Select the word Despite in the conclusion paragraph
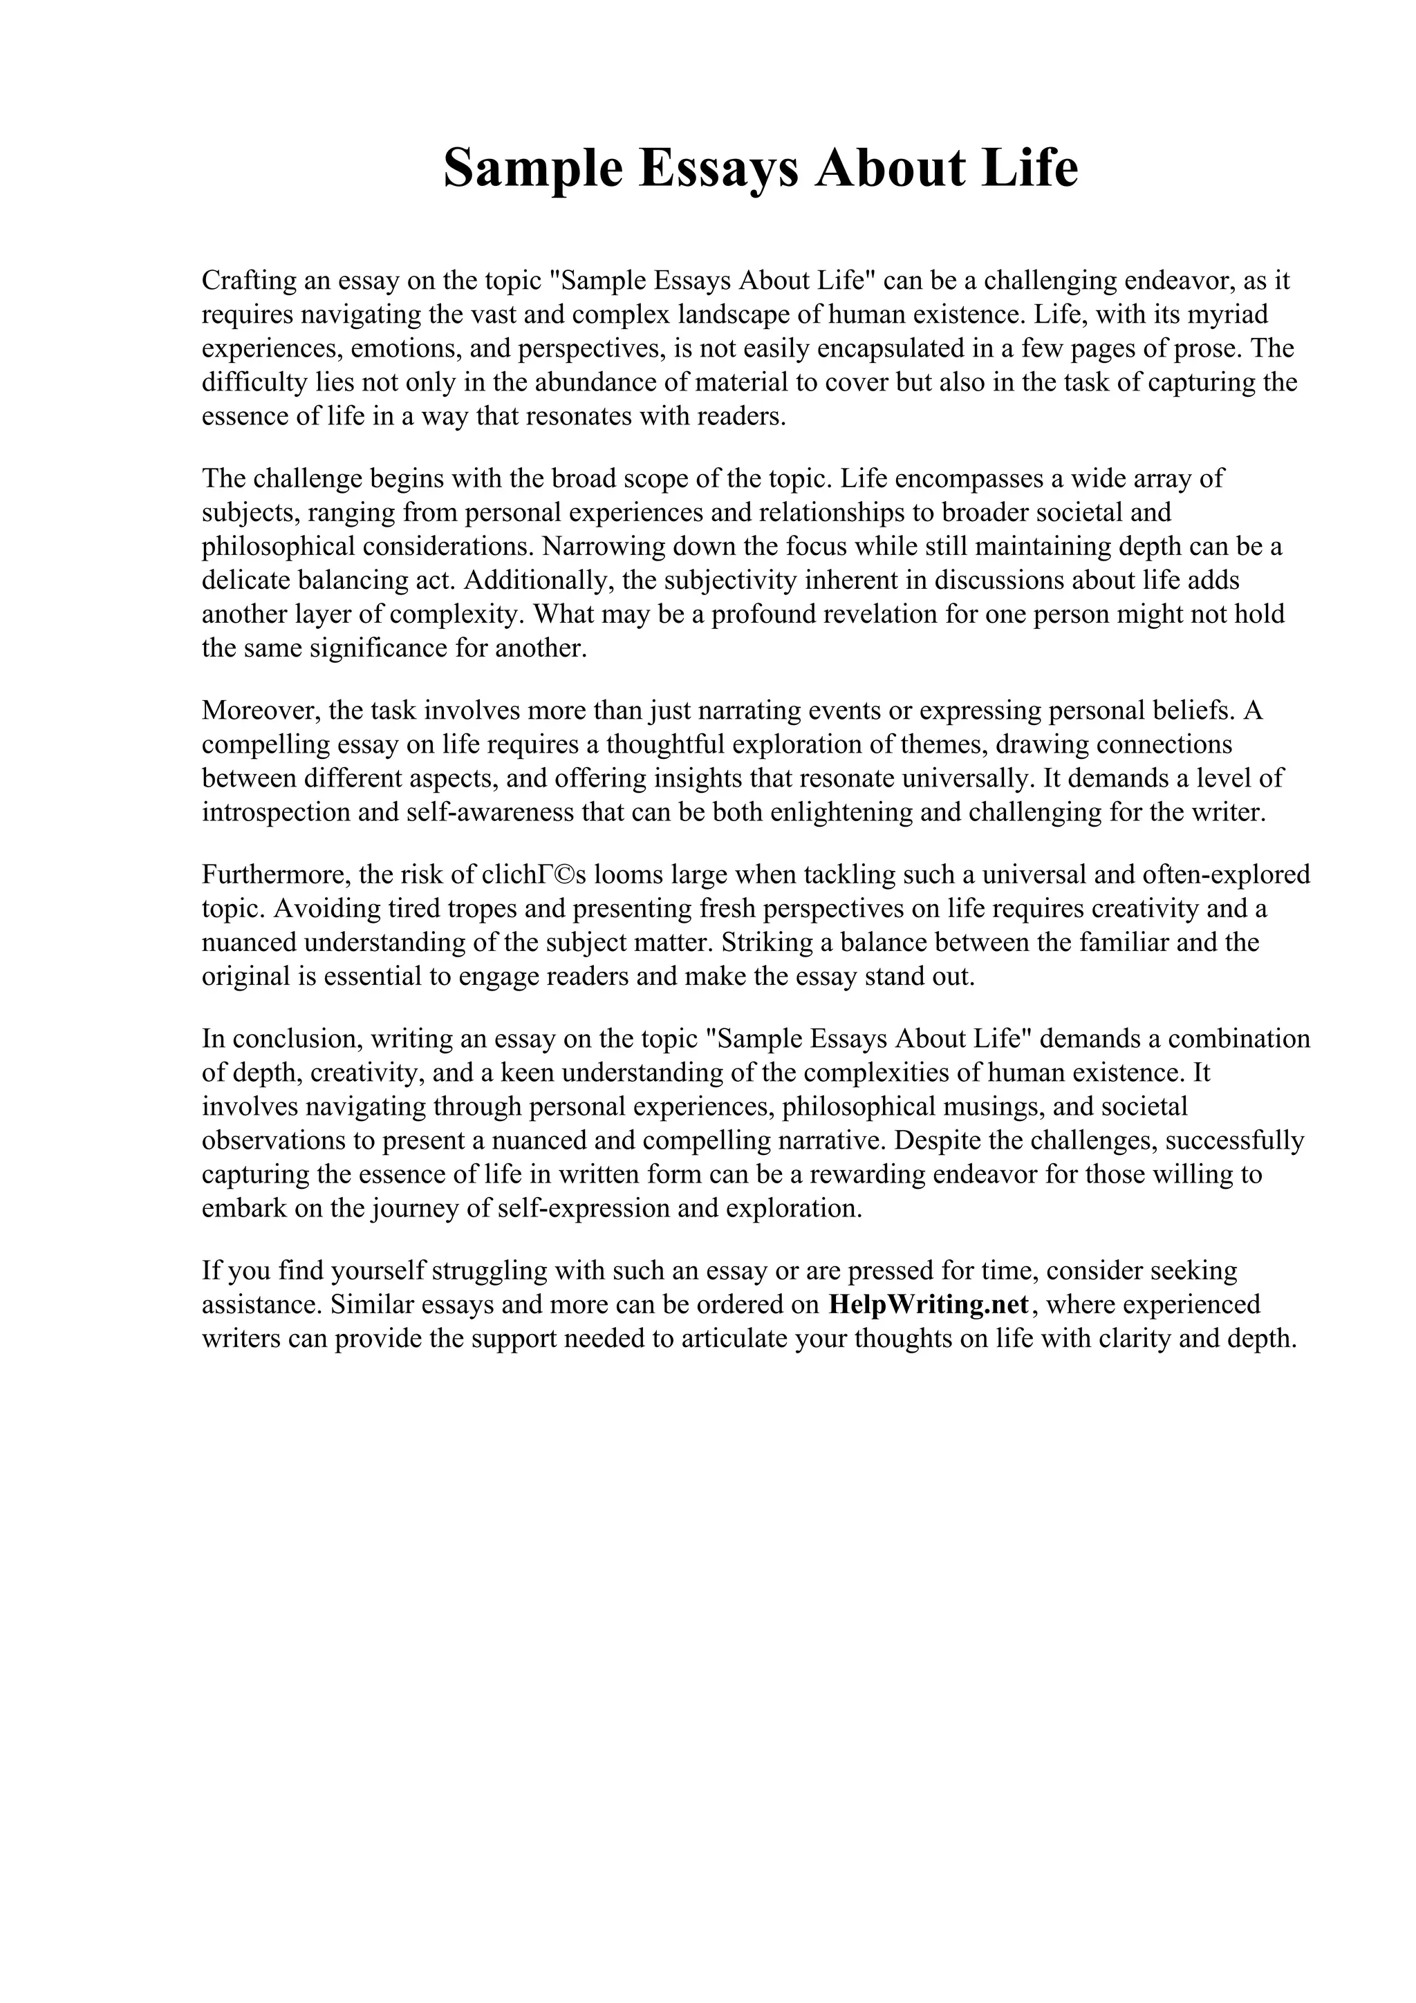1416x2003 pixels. (x=959, y=1141)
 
